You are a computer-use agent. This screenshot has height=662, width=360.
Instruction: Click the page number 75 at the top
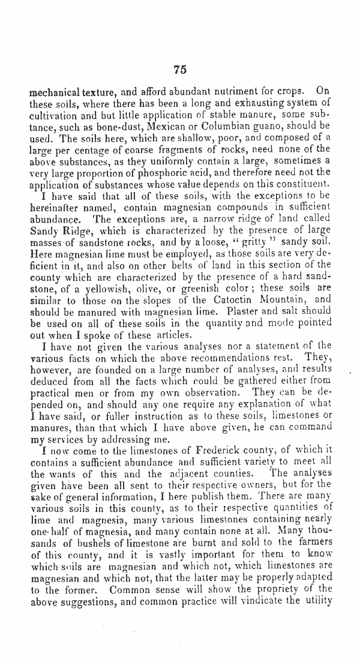pos(180,70)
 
